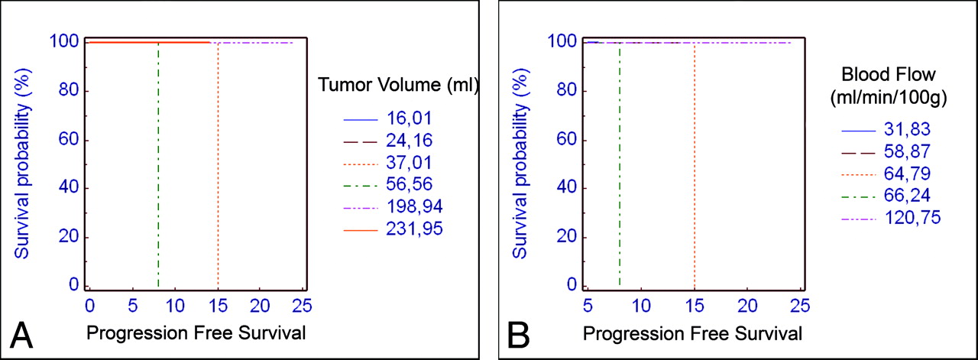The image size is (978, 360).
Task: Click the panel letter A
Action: click(21, 336)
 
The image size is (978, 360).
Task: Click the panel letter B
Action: click(517, 336)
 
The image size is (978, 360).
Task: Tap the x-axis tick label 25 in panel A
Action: click(303, 305)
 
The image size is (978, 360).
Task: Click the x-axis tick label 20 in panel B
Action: click(746, 305)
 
